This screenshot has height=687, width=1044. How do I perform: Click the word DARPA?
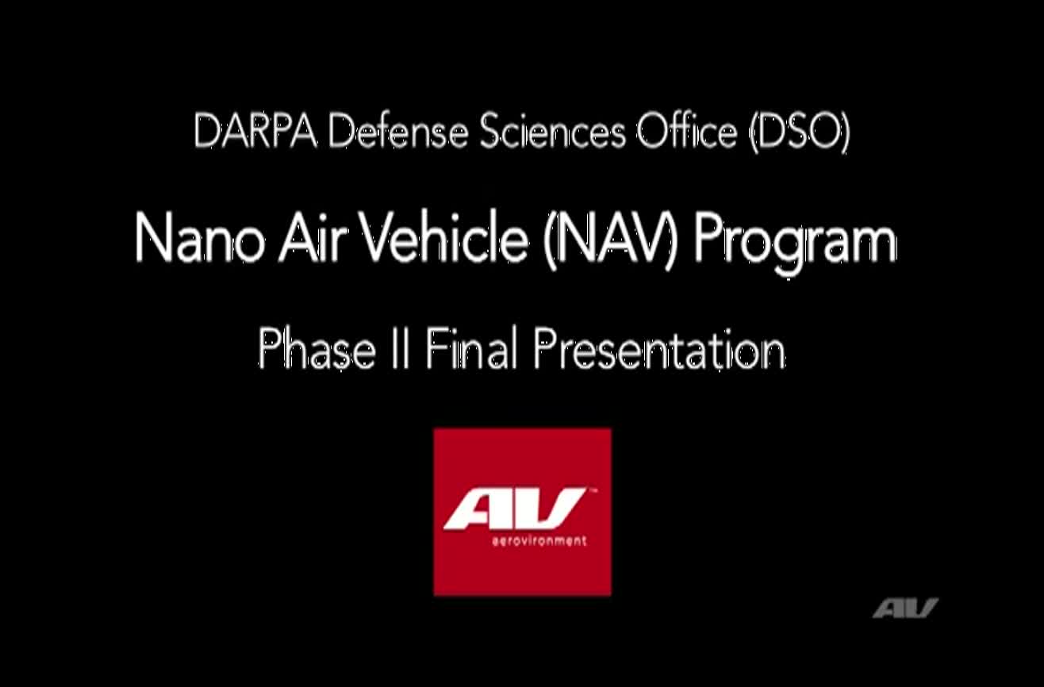(255, 132)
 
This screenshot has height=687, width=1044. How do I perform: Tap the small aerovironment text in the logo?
(539, 541)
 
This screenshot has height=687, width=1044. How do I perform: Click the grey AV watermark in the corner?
(905, 608)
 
